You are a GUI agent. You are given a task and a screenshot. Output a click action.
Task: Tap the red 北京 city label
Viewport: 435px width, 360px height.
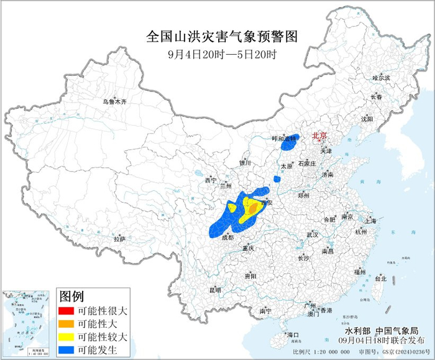[x=319, y=135]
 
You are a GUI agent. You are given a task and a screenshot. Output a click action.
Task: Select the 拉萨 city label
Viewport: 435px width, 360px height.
[x=120, y=239]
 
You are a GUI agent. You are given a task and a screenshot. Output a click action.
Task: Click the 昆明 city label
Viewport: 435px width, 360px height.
[x=214, y=290]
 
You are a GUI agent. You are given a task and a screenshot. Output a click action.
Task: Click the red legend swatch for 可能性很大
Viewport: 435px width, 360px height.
[x=66, y=310]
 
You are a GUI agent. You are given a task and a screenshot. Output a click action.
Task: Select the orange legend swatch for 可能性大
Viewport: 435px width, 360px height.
[x=66, y=323]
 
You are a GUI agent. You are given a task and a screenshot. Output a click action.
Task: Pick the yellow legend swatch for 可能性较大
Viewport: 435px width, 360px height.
[x=66, y=336]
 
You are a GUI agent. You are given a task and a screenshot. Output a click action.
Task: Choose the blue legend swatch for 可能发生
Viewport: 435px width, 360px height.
[x=66, y=349]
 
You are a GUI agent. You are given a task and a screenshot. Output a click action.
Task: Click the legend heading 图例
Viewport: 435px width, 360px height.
[x=70, y=295]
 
